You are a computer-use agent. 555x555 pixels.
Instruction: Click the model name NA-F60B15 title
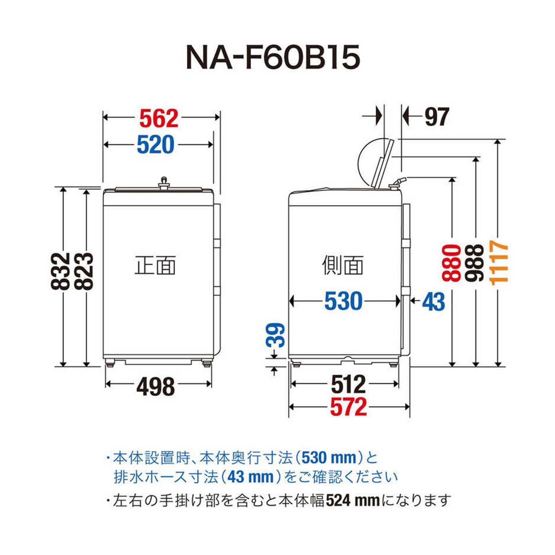click(273, 58)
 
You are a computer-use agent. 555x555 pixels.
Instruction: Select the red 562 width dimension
click(159, 118)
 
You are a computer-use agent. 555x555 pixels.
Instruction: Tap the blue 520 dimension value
click(155, 144)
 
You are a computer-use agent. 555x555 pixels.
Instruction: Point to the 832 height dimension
click(61, 271)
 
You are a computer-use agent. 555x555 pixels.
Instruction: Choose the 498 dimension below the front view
click(155, 386)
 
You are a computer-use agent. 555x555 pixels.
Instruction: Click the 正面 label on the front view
click(155, 265)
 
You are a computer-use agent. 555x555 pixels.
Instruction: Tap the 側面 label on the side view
click(343, 265)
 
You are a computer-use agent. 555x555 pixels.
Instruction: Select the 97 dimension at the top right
click(436, 117)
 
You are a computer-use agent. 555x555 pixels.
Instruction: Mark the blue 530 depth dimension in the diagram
click(343, 301)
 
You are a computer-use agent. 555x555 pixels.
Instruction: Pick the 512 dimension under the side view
click(348, 384)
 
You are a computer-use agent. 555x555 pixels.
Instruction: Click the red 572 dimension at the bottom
click(348, 407)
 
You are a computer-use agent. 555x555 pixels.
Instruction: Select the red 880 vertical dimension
click(451, 263)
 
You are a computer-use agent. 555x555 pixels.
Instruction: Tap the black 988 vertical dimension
click(475, 263)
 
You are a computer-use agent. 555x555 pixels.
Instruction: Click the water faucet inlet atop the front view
click(164, 183)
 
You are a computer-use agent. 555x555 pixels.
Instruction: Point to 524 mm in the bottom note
click(352, 500)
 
